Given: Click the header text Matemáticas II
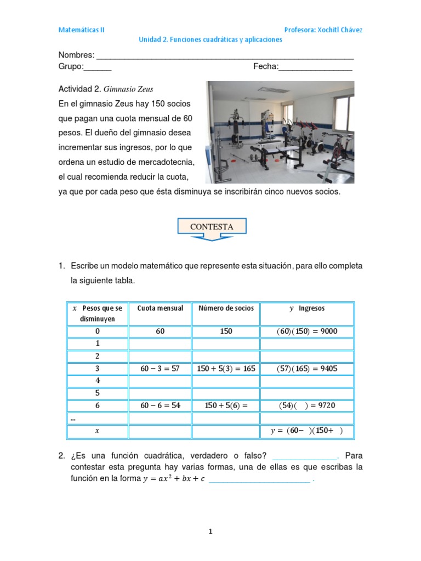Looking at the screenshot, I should pos(81,30).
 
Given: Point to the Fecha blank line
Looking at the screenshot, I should pos(316,68).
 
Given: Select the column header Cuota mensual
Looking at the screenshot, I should pos(160,308).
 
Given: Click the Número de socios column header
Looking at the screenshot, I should pos(226,308).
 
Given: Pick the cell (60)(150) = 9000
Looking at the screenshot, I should pos(307,331).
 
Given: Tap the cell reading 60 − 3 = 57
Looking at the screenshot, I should pos(160,369).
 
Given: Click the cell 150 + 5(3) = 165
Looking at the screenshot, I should pos(226,369).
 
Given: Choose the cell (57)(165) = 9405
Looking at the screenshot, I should pos(307,369).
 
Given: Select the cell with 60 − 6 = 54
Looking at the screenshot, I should pos(160,406).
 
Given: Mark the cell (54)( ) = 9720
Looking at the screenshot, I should pos(307,406).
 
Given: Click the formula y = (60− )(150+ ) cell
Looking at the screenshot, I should pos(307,431).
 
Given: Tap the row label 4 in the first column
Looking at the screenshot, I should pos(98,381).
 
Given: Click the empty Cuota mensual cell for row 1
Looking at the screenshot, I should pos(160,344).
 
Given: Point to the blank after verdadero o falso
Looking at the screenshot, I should pos(305,456).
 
